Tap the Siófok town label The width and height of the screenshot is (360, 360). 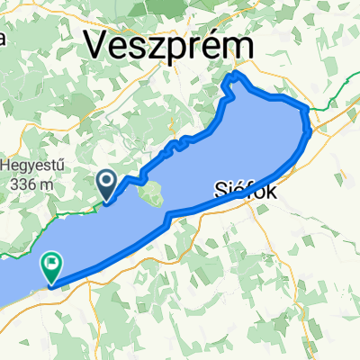tap(245, 190)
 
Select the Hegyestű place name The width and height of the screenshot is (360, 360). tap(33, 166)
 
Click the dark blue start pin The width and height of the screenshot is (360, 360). tap(105, 186)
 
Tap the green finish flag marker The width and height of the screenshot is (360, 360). tap(51, 267)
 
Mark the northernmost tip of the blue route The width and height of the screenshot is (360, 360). tap(237, 74)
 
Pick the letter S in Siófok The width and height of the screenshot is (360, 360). tap(220, 190)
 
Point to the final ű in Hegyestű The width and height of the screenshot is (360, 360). tap(63, 166)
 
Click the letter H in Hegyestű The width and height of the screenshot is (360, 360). tap(5, 166)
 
